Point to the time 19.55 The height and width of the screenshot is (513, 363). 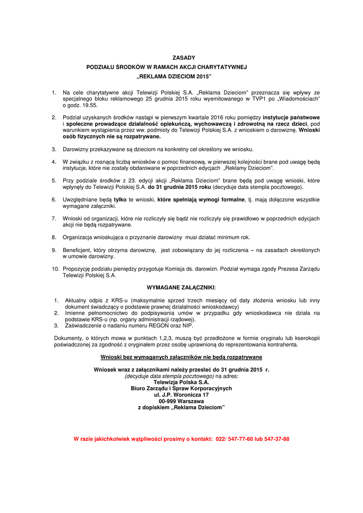click(90, 106)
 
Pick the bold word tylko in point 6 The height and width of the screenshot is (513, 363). click(120, 199)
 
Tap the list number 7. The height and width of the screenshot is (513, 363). click(54, 218)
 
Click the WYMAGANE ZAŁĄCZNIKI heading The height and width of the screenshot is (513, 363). click(180, 288)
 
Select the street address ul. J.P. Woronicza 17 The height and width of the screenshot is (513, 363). click(181, 395)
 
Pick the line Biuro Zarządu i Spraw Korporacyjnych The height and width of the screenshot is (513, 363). click(181, 388)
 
